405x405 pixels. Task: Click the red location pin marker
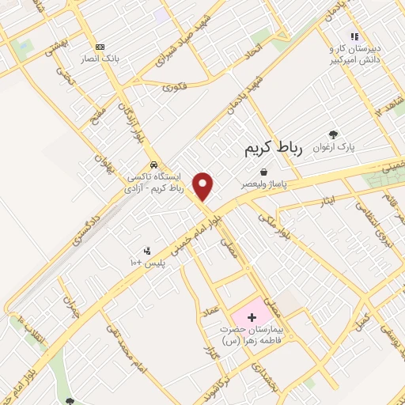pyautogui.click(x=203, y=185)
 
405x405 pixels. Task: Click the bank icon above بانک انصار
pyautogui.click(x=100, y=47)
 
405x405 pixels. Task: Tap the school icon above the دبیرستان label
pyautogui.click(x=355, y=36)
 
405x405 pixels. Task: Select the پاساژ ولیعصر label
pyautogui.click(x=264, y=184)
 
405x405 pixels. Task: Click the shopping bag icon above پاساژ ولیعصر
pyautogui.click(x=263, y=171)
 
